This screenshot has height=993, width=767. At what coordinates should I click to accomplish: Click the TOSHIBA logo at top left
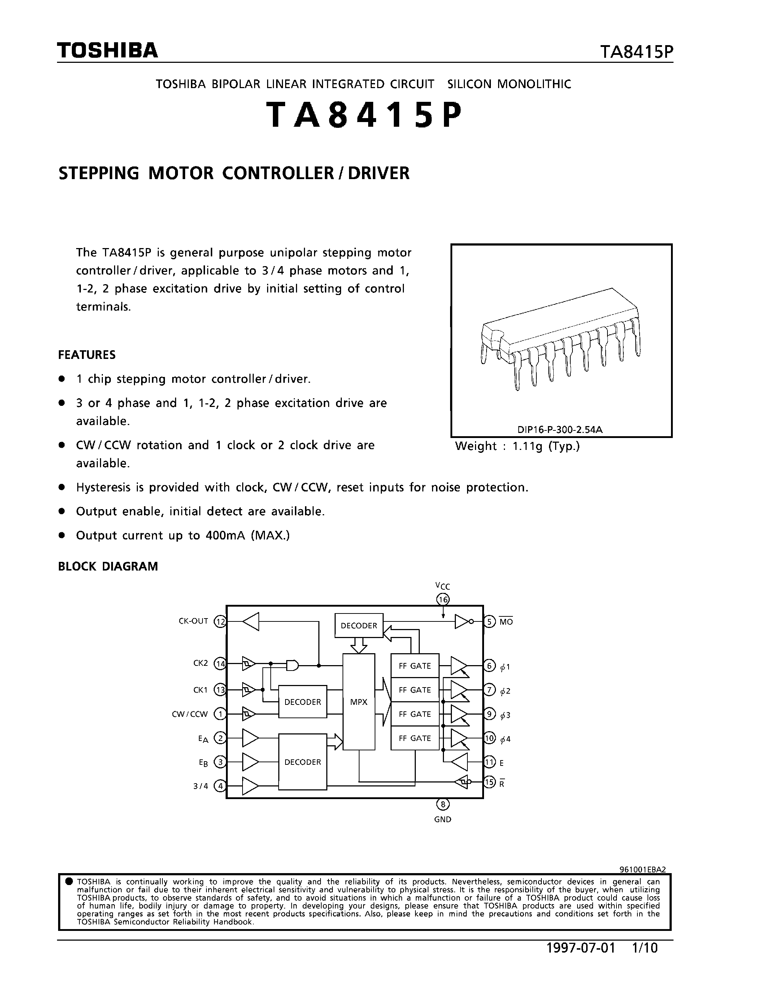click(x=107, y=51)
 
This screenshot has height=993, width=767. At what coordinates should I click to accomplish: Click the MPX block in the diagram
click(x=358, y=702)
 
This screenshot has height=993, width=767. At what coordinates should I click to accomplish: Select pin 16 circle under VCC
click(x=443, y=600)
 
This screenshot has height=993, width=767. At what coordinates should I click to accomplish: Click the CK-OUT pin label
click(x=193, y=621)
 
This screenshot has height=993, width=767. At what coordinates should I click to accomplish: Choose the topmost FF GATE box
click(x=415, y=665)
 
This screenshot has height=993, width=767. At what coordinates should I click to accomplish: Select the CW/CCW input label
click(x=189, y=714)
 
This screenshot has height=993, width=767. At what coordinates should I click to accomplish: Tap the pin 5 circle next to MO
click(x=489, y=621)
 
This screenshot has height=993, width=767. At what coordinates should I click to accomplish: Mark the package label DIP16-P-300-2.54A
click(x=560, y=430)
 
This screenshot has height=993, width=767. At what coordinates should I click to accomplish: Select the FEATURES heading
click(x=87, y=355)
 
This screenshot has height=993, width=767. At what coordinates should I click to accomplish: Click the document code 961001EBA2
click(x=642, y=870)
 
